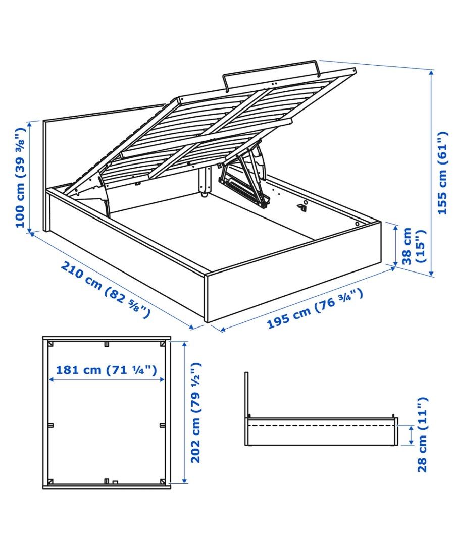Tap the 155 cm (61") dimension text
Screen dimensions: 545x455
coord(442,173)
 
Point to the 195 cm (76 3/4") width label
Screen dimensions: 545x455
coord(314,309)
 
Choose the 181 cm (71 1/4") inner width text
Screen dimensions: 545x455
coord(107,370)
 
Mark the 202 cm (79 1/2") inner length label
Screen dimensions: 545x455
coord(196,412)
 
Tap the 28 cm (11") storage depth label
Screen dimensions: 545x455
coord(423,434)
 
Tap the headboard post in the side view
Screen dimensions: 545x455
coord(246,394)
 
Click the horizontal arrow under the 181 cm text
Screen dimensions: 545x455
coord(107,380)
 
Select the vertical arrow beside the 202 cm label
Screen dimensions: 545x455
coord(185,412)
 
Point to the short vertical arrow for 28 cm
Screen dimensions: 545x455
coord(411,435)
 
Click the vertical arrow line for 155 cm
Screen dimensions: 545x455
coord(431,173)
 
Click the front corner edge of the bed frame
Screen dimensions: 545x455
coord(206,298)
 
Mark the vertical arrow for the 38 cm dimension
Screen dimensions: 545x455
coord(395,244)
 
